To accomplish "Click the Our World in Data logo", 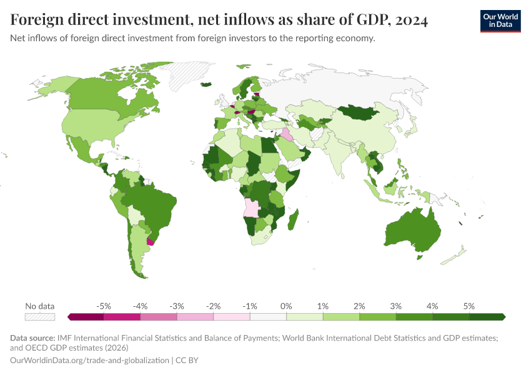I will point(500,20).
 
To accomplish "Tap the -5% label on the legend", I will point(104,306).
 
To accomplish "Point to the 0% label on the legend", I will point(286,306).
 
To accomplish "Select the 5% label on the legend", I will point(469,306).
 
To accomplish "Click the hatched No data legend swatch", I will point(40,317).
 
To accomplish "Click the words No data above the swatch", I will point(40,306).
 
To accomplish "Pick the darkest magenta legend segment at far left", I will point(86,317).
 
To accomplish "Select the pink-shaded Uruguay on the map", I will point(150,242).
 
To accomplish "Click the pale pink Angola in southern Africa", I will point(252,208).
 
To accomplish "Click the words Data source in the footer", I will point(32,338).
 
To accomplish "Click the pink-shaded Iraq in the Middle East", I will point(287,135).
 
